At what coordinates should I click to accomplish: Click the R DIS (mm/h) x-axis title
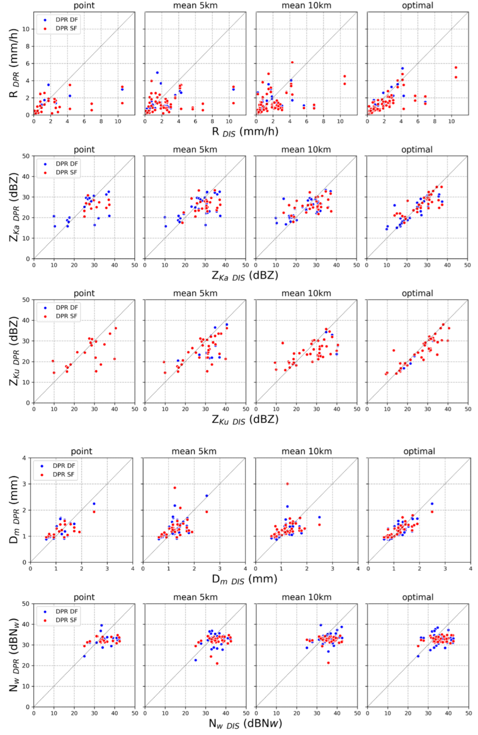coord(245,132)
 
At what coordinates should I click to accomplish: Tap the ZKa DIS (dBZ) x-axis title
coord(245,276)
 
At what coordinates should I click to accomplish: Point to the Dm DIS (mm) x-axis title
coord(245,579)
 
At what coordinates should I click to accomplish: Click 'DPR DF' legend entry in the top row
coord(66,20)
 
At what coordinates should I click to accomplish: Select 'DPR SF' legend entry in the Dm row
coord(63,474)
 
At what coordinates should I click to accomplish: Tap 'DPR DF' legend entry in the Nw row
coord(66,611)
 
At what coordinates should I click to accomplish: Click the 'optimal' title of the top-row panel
coord(418,6)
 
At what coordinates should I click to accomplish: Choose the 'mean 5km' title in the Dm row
coord(194,451)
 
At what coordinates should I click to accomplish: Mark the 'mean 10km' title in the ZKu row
coord(306,293)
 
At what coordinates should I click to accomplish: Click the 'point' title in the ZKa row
coord(84,150)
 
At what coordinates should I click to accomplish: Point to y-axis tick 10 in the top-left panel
coord(26,29)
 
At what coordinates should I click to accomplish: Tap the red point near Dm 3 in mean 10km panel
coord(287,484)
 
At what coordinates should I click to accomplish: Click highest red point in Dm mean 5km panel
coord(175,488)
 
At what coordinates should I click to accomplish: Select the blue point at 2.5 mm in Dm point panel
coord(94,504)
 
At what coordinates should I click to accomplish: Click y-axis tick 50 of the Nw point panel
coord(26,604)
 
